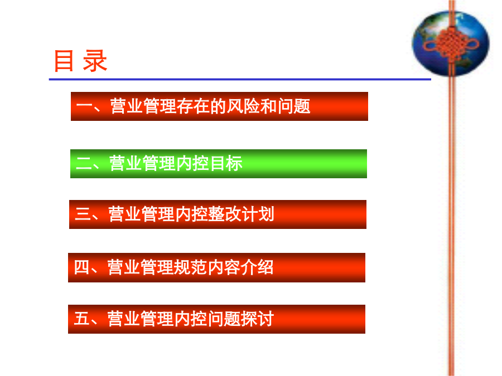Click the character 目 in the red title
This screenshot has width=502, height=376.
coord(64,61)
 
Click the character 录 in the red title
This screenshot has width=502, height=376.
coord(95,61)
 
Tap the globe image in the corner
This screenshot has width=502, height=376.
coord(451,43)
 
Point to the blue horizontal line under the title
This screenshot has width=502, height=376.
coord(240,79)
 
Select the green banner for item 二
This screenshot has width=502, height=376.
coord(219,164)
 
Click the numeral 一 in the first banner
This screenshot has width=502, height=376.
coord(85,106)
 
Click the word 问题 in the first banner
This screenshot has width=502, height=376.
coord(294,106)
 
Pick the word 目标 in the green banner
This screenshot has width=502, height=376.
coord(226,163)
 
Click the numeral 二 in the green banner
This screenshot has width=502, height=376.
coord(84,163)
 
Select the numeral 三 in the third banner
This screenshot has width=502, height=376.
coord(83,214)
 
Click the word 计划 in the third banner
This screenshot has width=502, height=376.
coord(258,214)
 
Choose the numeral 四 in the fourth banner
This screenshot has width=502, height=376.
coord(81,267)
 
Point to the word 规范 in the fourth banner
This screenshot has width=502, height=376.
coord(190,267)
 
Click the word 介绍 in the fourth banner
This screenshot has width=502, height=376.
coord(257,267)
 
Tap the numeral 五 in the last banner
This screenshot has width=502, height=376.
coord(81,319)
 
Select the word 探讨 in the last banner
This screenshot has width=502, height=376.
coord(257,319)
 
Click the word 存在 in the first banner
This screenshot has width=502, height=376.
coord(193,106)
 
